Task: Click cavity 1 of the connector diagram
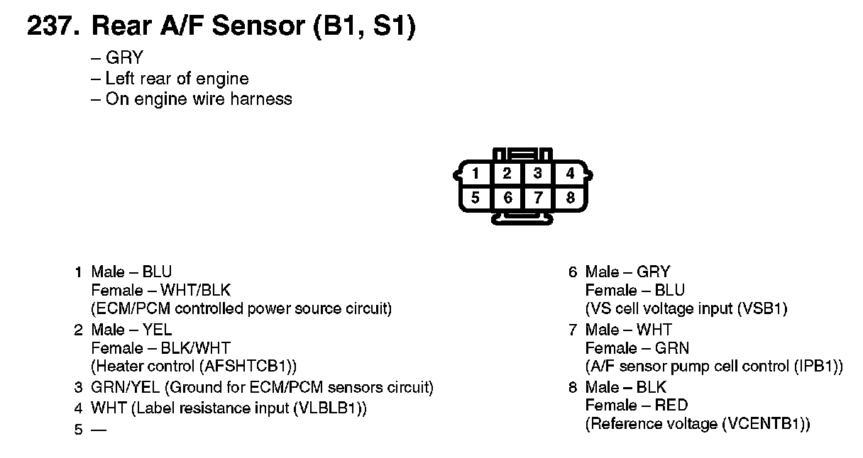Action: (476, 174)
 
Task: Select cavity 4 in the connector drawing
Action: (570, 174)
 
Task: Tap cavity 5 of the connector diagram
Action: (476, 198)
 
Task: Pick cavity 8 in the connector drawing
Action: (570, 198)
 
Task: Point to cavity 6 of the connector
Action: (507, 198)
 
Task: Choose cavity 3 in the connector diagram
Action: (539, 174)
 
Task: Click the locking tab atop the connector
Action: (523, 153)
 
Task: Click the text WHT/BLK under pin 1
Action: (195, 290)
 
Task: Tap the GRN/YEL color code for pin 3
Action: (118, 387)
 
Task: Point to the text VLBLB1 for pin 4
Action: (329, 408)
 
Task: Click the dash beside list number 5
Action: (99, 430)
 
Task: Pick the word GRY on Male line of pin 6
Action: (653, 272)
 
